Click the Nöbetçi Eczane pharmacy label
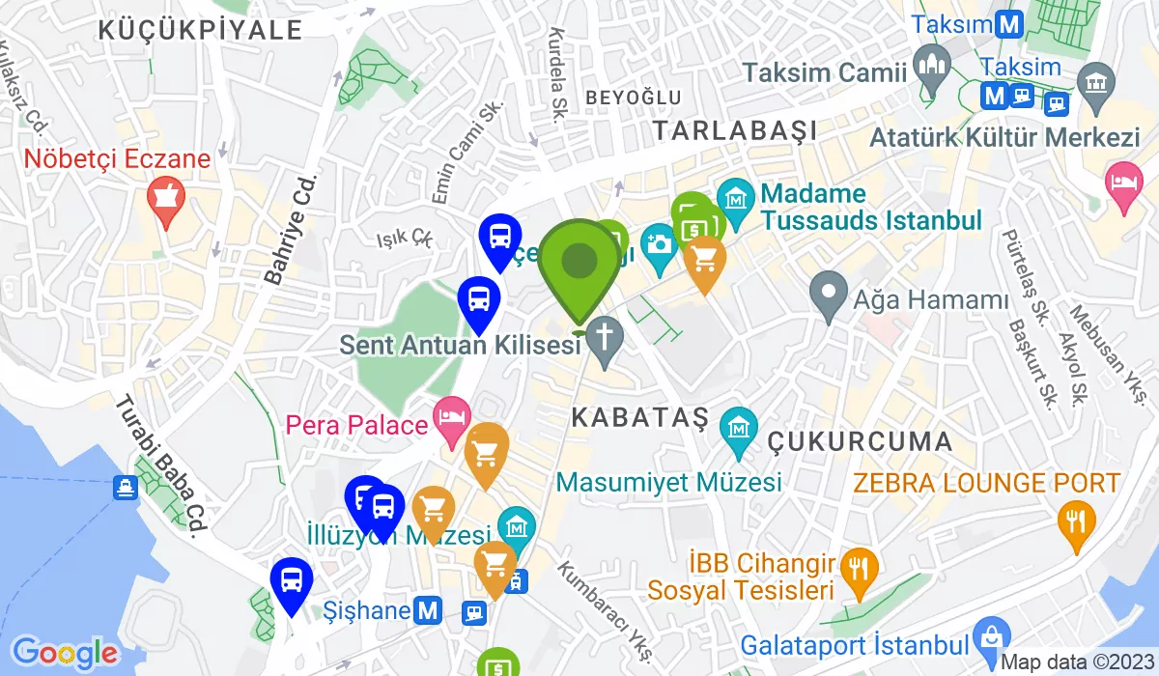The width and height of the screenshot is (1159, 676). (117, 158)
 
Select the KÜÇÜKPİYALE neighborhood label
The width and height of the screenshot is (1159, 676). (200, 29)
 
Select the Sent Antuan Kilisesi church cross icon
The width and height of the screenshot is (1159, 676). (606, 339)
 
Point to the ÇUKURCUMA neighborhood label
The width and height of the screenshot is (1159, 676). (860, 442)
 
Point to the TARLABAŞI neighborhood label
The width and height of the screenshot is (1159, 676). (734, 129)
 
